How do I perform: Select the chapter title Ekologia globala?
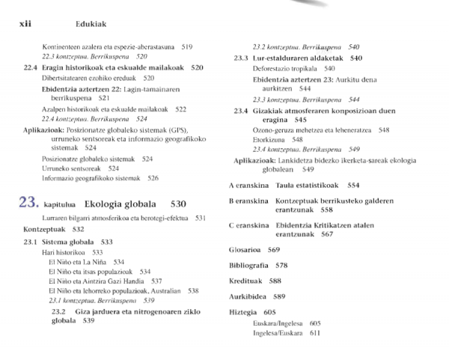point(120,204)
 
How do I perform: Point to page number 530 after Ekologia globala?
point(178,204)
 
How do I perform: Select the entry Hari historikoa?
point(61,253)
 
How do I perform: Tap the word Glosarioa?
point(244,250)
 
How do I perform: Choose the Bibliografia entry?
point(248,266)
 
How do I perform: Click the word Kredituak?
point(245,281)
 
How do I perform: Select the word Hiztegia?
point(242,311)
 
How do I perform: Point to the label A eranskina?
point(248,185)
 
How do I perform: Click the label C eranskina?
point(248,225)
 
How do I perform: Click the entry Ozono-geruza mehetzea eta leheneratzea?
point(311,129)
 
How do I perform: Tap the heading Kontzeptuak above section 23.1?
point(45,229)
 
